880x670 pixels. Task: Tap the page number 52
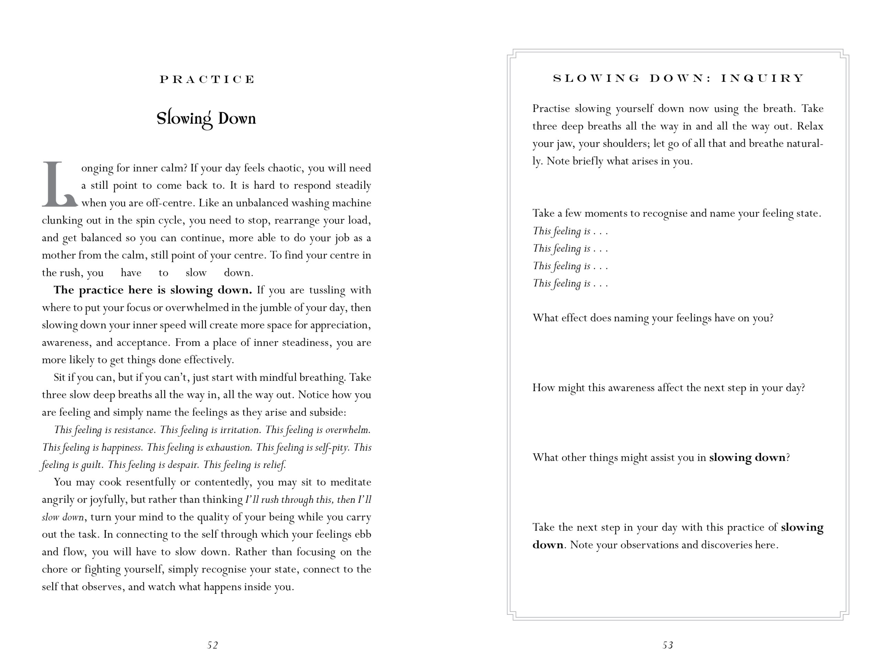(x=213, y=645)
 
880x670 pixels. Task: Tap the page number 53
(x=668, y=645)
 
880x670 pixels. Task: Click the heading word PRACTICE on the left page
(x=207, y=79)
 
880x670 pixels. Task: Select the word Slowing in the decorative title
(x=184, y=119)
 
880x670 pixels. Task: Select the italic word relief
(x=274, y=465)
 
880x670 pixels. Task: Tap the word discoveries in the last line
(x=726, y=545)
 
